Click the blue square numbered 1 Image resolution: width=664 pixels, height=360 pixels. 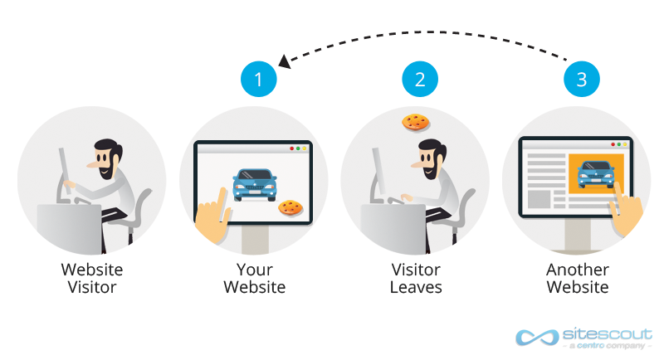[x=258, y=80]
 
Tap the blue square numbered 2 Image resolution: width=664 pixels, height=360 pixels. [x=419, y=80]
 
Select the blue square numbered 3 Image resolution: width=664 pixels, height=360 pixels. [x=580, y=80]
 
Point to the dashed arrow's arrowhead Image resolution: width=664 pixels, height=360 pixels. [x=284, y=60]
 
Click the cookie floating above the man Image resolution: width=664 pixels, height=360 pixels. [x=414, y=122]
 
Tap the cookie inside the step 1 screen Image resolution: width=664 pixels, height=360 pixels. [x=289, y=207]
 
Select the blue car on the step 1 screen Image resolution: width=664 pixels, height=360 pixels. [x=255, y=184]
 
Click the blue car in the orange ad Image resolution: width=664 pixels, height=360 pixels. [x=595, y=173]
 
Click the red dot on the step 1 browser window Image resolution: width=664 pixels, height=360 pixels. [x=291, y=148]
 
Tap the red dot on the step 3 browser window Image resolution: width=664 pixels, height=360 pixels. [x=612, y=144]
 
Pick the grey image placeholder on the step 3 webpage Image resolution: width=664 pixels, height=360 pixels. [x=539, y=199]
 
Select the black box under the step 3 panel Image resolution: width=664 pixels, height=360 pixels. [x=577, y=278]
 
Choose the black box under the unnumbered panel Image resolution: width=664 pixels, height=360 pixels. [x=91, y=278]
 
